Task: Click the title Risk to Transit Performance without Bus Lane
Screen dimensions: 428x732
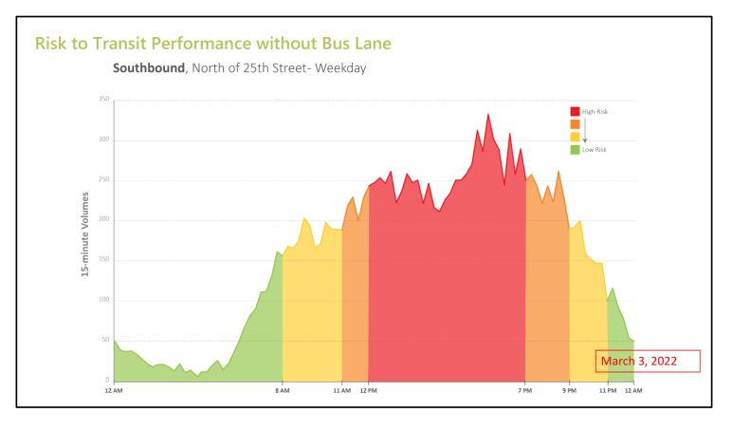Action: click(212, 44)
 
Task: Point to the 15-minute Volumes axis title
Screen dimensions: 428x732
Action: click(85, 234)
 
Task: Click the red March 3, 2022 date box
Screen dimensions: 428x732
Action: click(648, 361)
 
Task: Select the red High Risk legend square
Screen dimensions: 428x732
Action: click(575, 112)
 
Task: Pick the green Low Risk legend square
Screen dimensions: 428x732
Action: click(575, 149)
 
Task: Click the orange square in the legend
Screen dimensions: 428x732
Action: click(575, 124)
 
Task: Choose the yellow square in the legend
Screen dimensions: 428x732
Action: click(575, 137)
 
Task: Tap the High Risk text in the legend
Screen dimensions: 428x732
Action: click(595, 112)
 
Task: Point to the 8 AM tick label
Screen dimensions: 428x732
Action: click(283, 391)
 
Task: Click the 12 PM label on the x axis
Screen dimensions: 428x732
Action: click(368, 391)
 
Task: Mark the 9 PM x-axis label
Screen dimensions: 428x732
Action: click(569, 391)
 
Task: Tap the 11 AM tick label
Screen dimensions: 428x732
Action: click(342, 391)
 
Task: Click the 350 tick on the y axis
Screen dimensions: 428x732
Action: click(103, 100)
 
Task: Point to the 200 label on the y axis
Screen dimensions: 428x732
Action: click(103, 220)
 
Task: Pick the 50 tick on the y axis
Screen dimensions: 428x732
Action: click(105, 340)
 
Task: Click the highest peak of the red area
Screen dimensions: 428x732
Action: click(488, 115)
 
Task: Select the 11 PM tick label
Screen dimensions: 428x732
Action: click(607, 391)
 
